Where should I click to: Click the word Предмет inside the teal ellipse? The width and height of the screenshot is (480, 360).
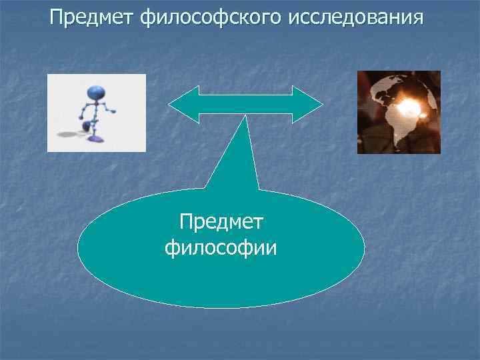click(222, 223)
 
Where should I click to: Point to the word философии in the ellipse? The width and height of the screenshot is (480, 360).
click(221, 248)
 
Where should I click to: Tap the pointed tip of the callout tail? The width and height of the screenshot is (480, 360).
click(247, 117)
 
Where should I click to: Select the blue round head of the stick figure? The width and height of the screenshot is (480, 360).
click(95, 93)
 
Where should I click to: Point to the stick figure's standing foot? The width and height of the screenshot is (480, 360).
click(98, 139)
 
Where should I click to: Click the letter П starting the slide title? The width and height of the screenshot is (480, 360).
click(57, 17)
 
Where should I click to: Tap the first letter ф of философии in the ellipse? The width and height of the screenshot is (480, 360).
click(171, 249)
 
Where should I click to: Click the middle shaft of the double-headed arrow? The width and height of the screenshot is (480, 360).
click(246, 105)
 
